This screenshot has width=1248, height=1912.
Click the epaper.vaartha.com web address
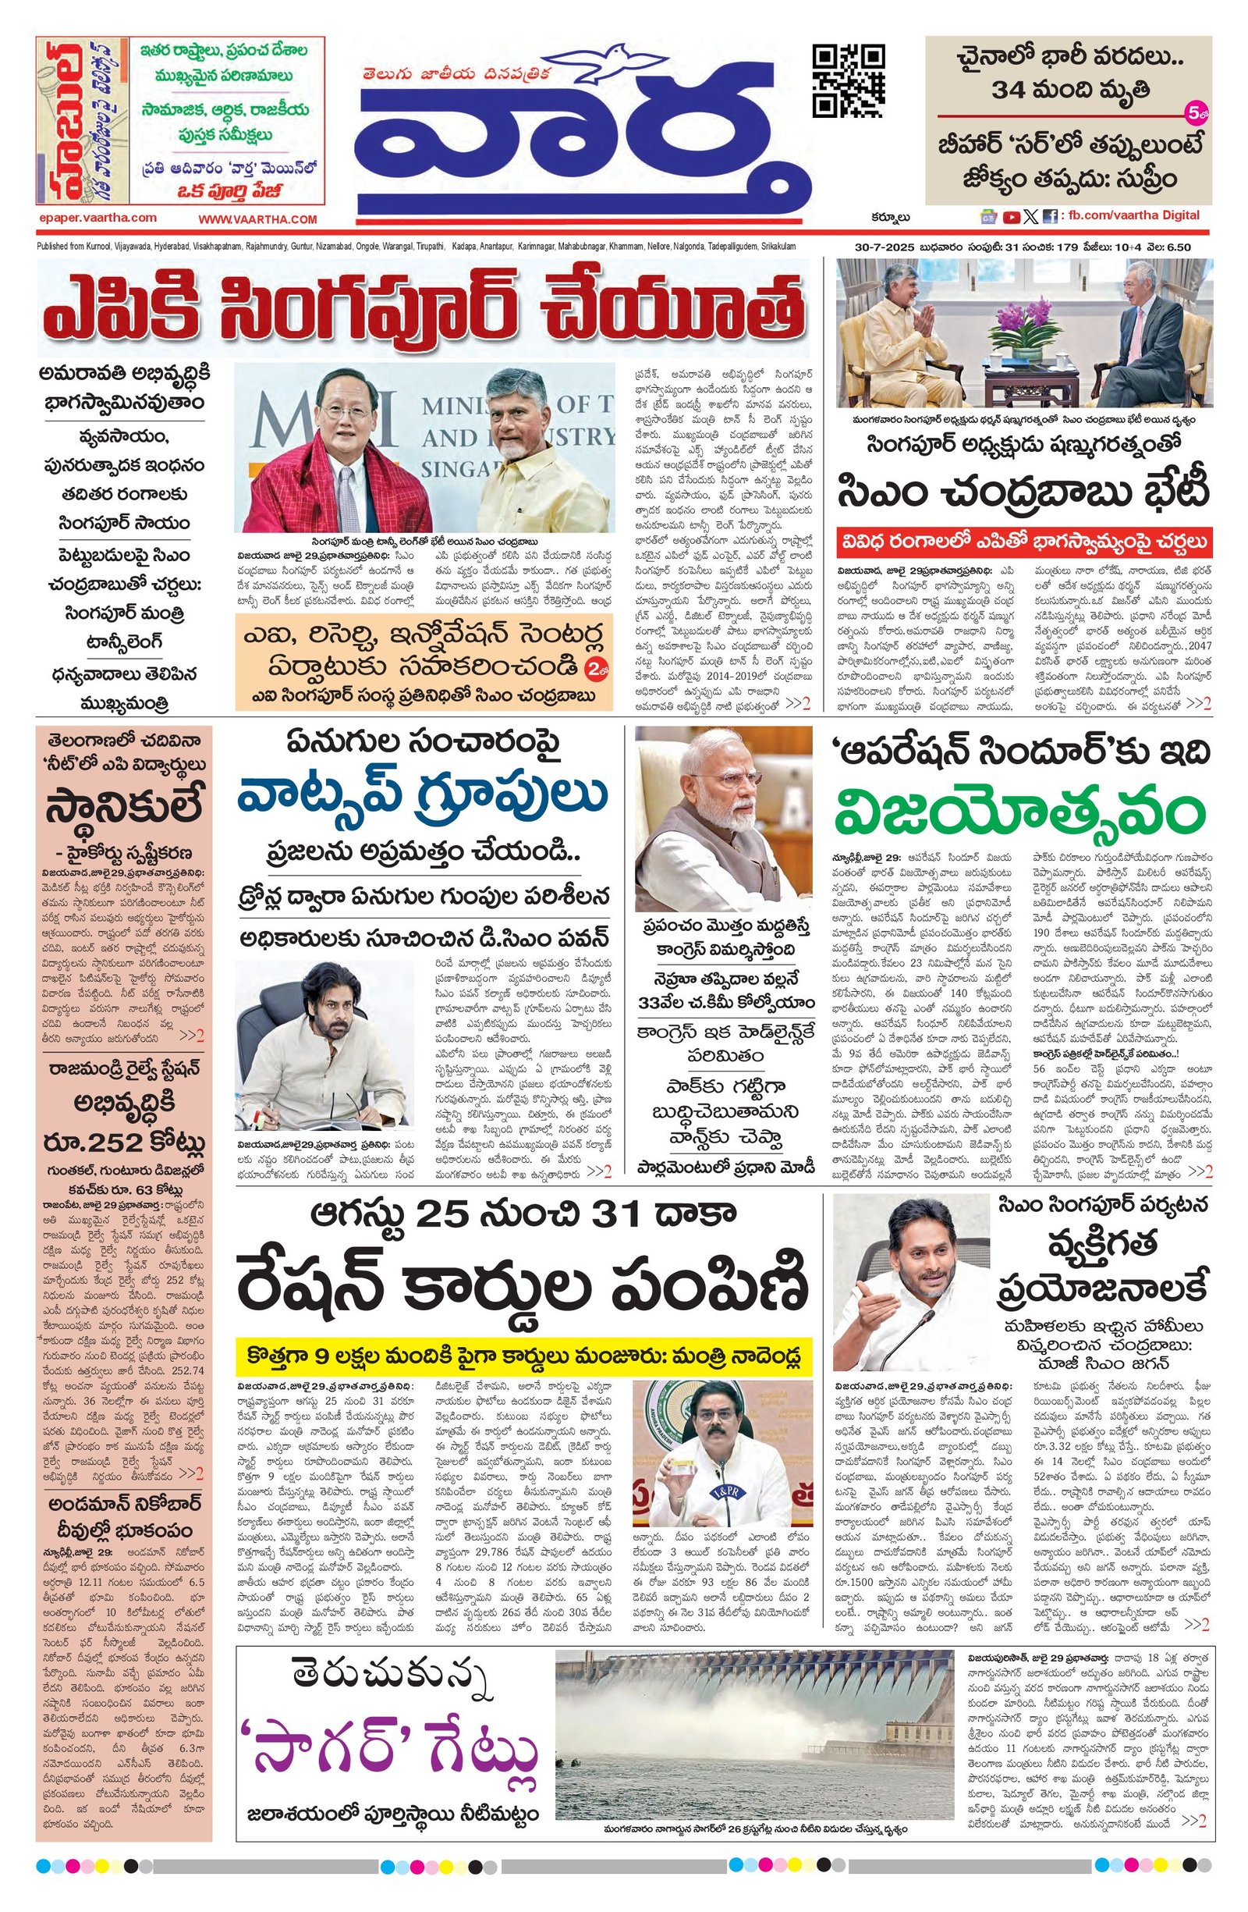point(98,217)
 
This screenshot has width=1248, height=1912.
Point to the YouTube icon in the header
point(1010,216)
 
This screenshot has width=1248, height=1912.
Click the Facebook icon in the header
point(1048,216)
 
